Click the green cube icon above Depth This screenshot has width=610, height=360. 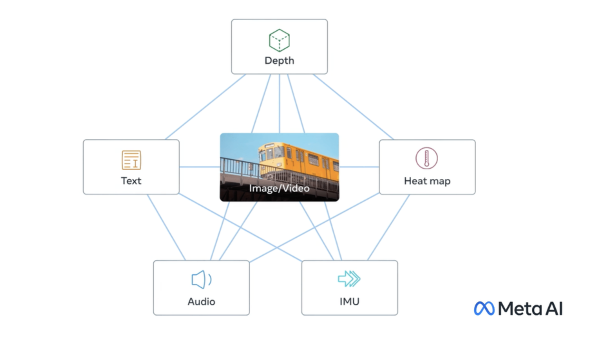pyautogui.click(x=279, y=40)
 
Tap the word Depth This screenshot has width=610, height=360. pyautogui.click(x=279, y=61)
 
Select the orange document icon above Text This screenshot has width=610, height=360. pyautogui.click(x=131, y=160)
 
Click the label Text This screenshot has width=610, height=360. pyautogui.click(x=131, y=181)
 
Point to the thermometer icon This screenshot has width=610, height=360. pyautogui.click(x=426, y=158)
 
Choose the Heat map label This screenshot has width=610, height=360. pyautogui.click(x=427, y=181)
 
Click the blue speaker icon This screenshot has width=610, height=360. pyautogui.click(x=201, y=279)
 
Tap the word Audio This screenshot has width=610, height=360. pyautogui.click(x=201, y=302)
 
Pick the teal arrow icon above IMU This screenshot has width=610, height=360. pyautogui.click(x=349, y=279)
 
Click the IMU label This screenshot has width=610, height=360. pyautogui.click(x=349, y=302)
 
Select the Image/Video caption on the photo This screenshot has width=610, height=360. pyautogui.click(x=279, y=188)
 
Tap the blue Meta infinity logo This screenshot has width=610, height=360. pyautogui.click(x=484, y=308)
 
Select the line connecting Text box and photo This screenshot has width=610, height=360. pyautogui.click(x=200, y=167)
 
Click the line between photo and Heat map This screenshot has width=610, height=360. pyautogui.click(x=359, y=167)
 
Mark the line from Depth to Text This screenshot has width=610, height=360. pyautogui.click(x=205, y=107)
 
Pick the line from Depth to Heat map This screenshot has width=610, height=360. pyautogui.click(x=353, y=107)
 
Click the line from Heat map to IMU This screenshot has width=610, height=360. pyautogui.click(x=388, y=227)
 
